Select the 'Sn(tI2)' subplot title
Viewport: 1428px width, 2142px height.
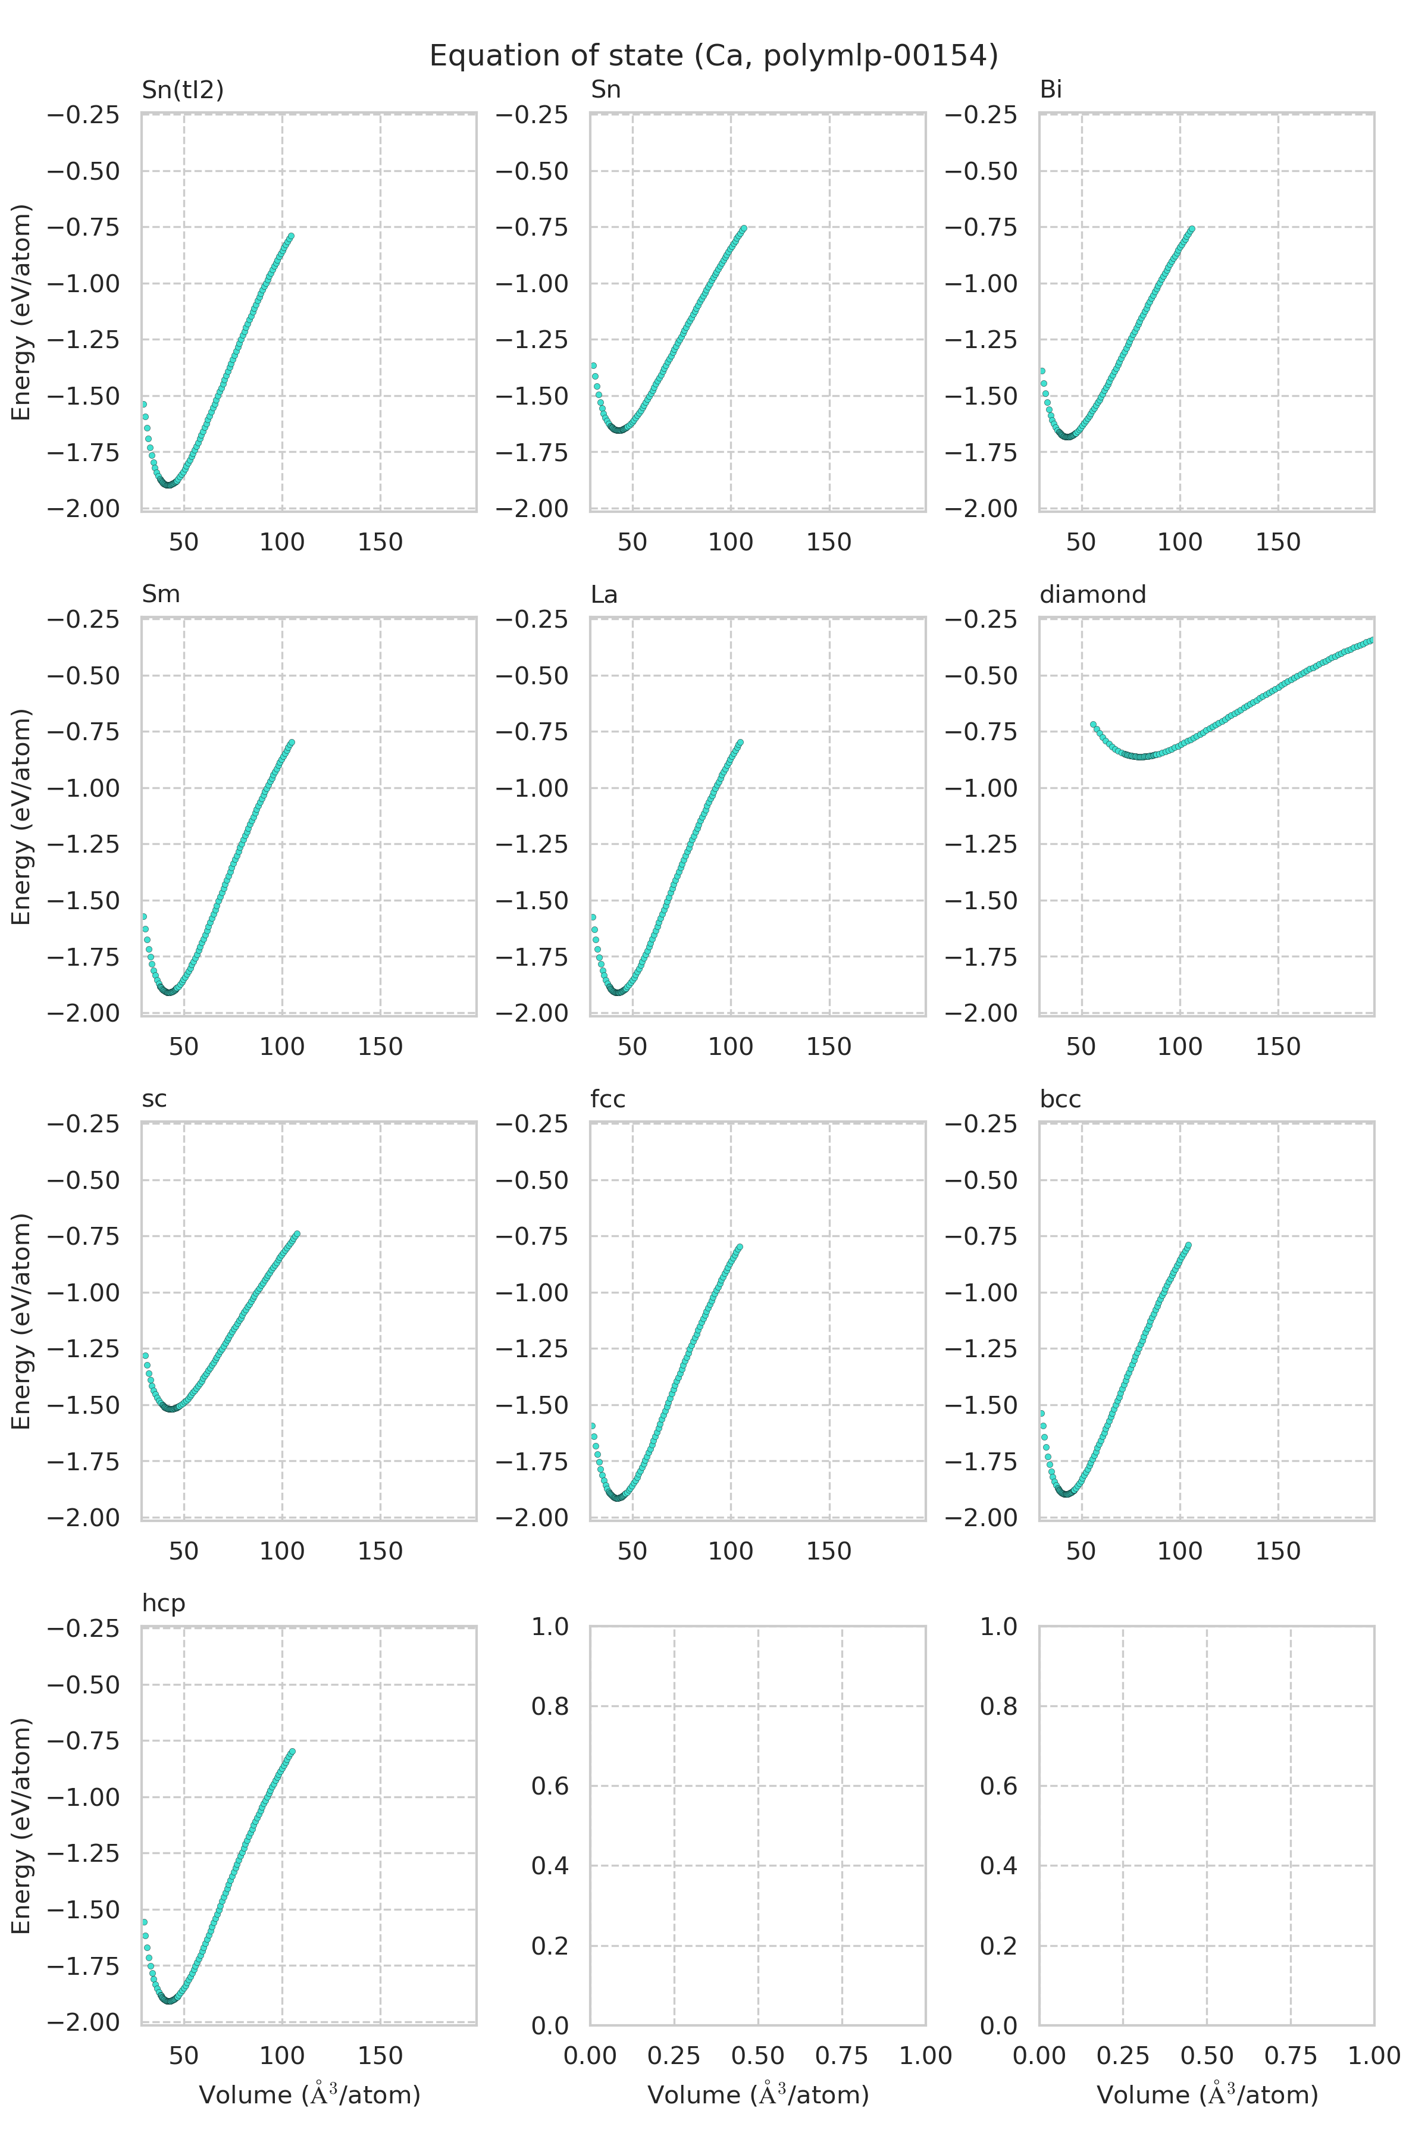point(182,89)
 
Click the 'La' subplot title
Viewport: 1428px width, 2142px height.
point(604,594)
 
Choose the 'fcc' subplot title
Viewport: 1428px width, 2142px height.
point(607,1099)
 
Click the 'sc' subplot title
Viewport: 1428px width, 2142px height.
point(154,1099)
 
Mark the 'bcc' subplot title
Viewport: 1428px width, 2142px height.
point(1060,1099)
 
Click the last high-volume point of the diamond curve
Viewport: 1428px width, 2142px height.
point(1371,640)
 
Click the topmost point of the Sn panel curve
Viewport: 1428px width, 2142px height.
point(744,228)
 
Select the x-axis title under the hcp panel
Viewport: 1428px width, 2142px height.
point(309,2094)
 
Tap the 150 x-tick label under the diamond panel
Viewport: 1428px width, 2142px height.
point(1277,1047)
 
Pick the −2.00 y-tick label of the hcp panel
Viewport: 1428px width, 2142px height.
point(83,2022)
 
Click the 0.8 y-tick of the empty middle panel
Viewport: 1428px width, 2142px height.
point(550,1706)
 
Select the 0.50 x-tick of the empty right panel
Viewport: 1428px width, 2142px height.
point(1207,2056)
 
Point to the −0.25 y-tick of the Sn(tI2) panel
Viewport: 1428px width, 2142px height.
point(83,115)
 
